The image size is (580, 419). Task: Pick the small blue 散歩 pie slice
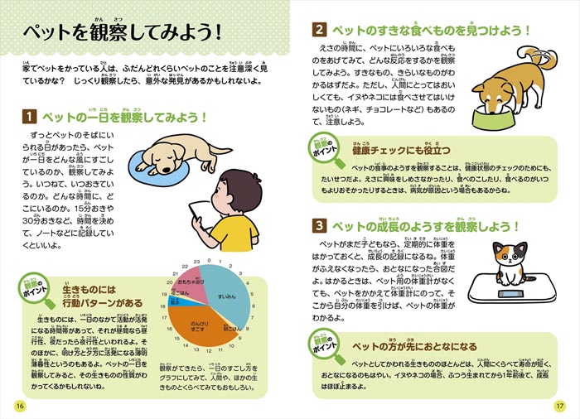click(x=176, y=304)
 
